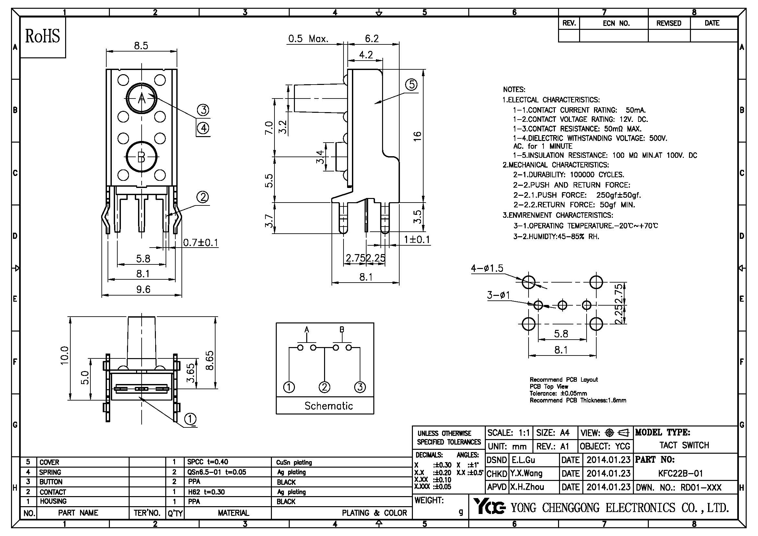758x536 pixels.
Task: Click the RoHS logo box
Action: (x=43, y=37)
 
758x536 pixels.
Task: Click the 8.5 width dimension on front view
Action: (x=141, y=46)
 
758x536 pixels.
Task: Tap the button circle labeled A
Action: (x=142, y=99)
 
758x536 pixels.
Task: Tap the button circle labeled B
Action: (x=142, y=157)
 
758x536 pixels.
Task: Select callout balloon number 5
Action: (x=411, y=85)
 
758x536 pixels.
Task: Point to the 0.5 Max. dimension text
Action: (x=308, y=39)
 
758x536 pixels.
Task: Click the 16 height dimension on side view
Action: (x=417, y=136)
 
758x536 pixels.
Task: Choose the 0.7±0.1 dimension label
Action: (x=201, y=243)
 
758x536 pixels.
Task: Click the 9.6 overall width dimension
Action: (x=143, y=289)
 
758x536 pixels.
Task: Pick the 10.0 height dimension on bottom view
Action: (x=65, y=355)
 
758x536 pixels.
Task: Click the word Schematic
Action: (x=329, y=406)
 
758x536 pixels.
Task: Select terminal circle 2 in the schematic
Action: (x=324, y=387)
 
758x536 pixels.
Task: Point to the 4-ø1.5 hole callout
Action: (x=487, y=268)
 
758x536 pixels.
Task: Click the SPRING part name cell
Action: (x=50, y=472)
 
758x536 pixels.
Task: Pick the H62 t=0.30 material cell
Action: (x=206, y=492)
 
